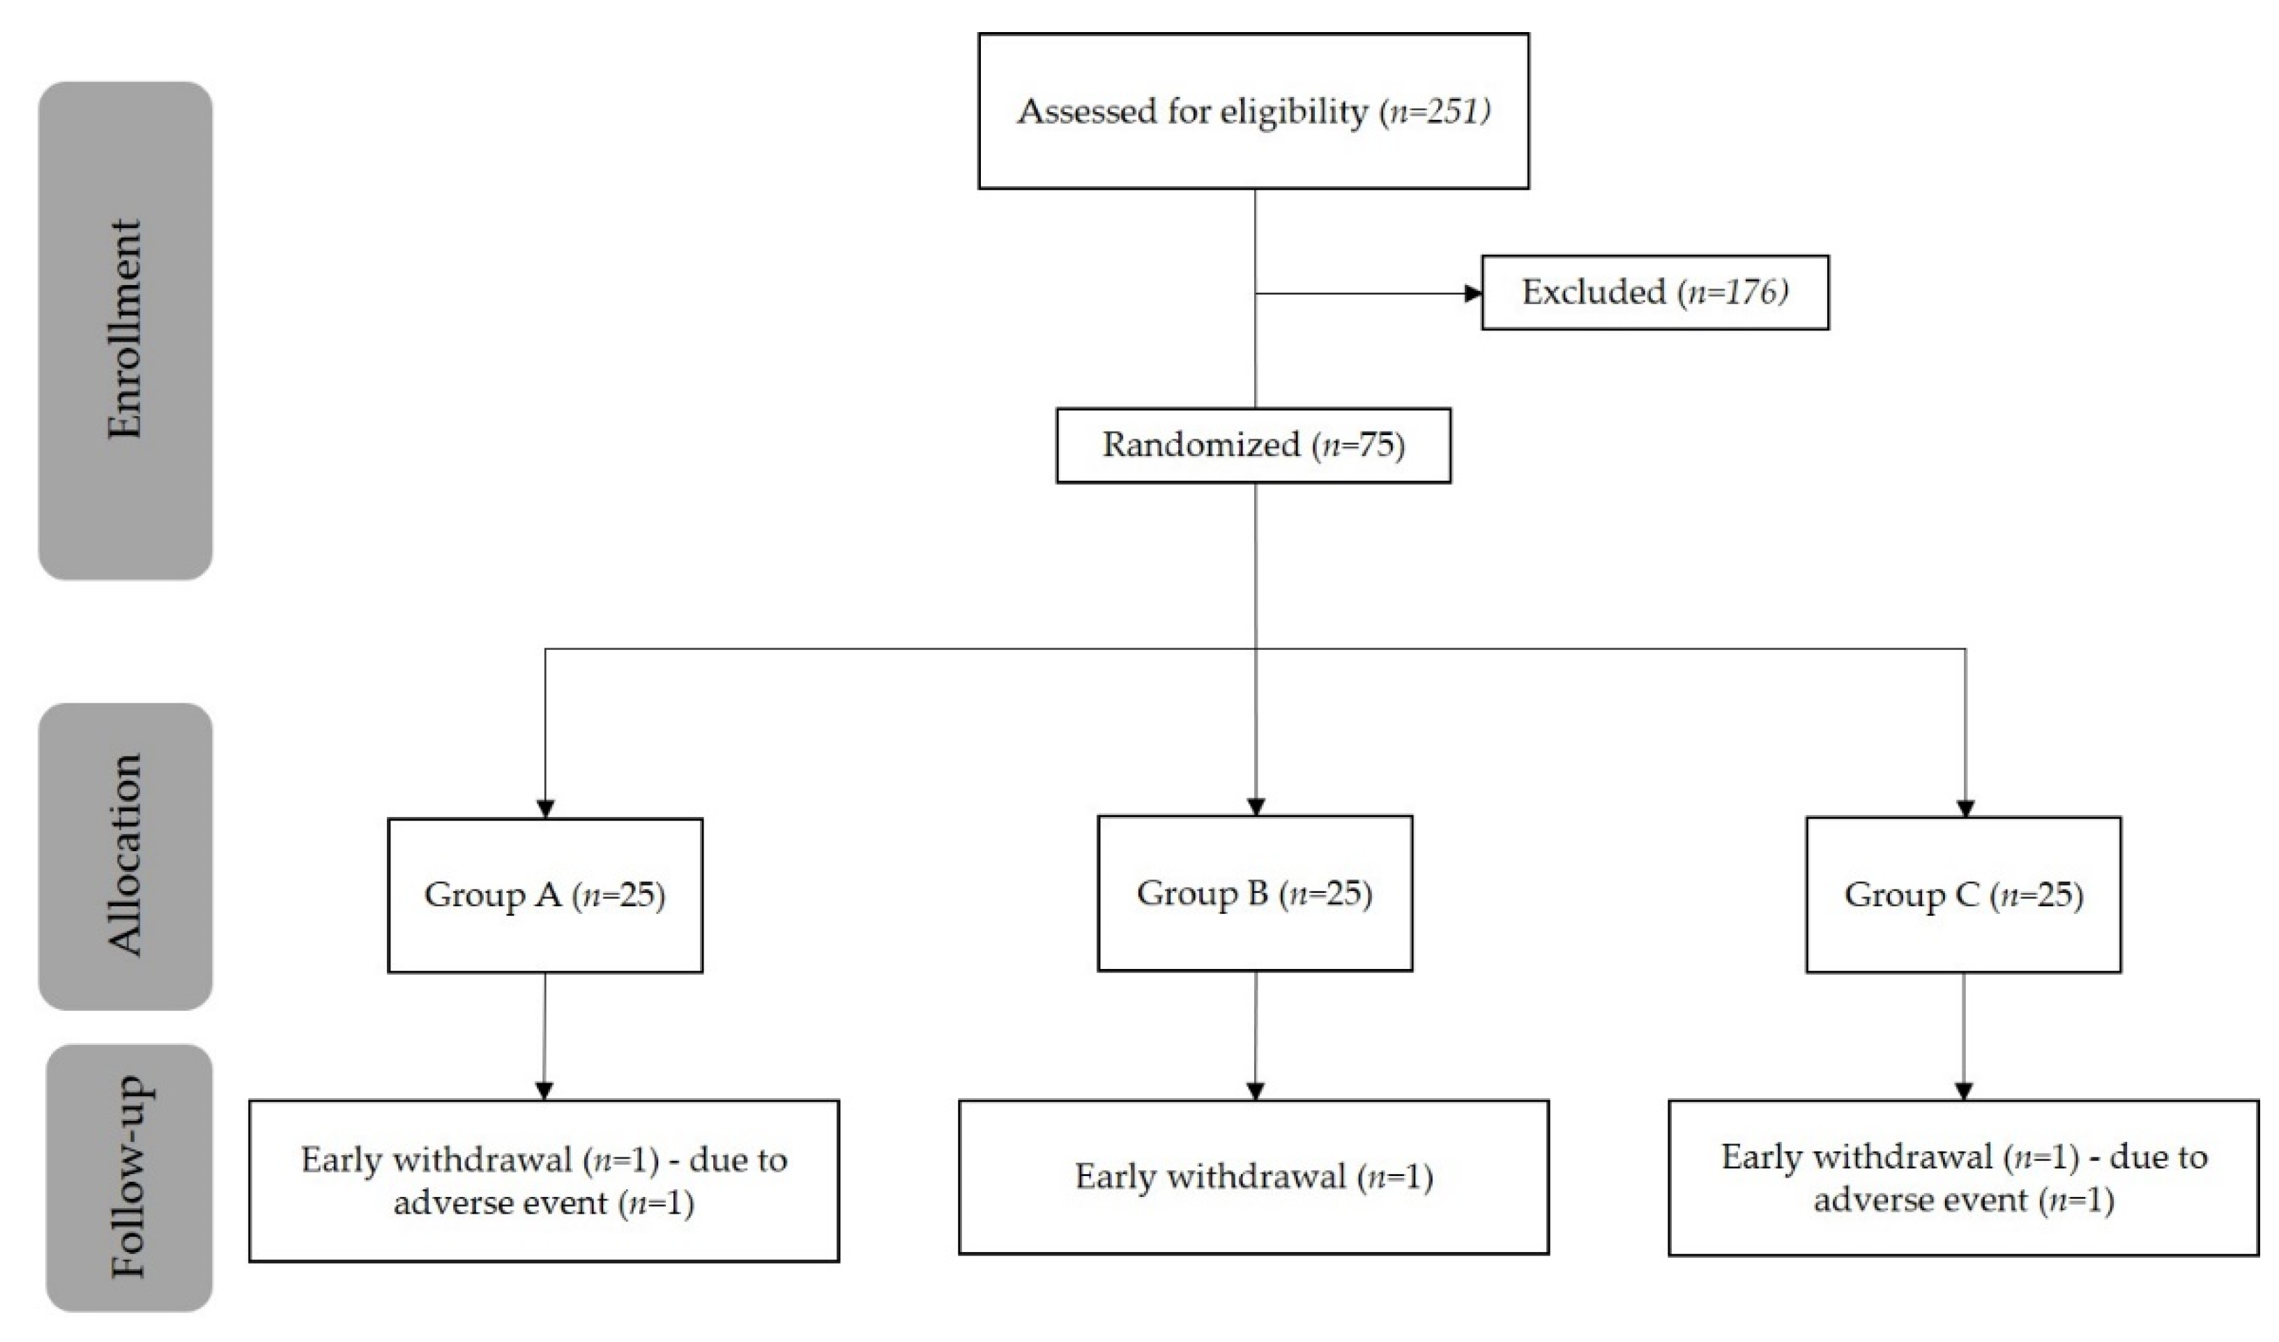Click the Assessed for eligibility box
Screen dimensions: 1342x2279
[x=1253, y=112]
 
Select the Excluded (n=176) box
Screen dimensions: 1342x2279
[x=1654, y=292]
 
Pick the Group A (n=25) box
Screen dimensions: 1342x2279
[x=544, y=895]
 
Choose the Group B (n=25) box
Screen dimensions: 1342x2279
[x=1254, y=894]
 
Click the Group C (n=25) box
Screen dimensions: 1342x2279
[x=1963, y=895]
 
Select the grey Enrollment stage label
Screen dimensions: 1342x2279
[x=125, y=330]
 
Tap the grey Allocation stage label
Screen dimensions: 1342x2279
[x=125, y=855]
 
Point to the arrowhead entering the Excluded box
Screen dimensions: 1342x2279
[x=1472, y=293]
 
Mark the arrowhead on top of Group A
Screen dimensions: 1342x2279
[x=544, y=807]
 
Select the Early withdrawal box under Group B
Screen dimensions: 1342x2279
[x=1253, y=1177]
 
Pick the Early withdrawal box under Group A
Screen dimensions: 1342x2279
[x=544, y=1181]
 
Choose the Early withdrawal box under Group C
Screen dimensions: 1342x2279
[x=1963, y=1178]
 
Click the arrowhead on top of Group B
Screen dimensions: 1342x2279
[x=1256, y=807]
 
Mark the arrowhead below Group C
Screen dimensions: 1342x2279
[x=1963, y=1090]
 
